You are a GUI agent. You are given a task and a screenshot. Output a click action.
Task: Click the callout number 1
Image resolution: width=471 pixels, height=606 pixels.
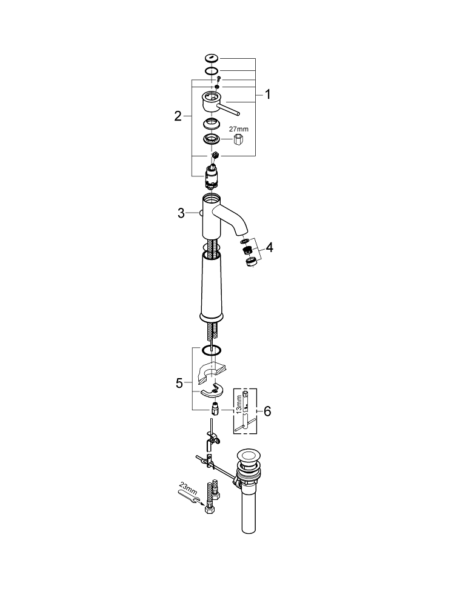point(267,95)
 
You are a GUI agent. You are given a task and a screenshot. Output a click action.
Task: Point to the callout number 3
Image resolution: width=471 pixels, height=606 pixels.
point(181,213)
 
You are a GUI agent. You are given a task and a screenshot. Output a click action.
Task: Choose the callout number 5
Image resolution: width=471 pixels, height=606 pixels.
point(179,383)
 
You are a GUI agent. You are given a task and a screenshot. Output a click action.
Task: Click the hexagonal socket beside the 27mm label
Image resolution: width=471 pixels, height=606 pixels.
point(239,141)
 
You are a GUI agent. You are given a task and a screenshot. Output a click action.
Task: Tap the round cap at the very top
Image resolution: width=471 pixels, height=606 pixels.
point(211,58)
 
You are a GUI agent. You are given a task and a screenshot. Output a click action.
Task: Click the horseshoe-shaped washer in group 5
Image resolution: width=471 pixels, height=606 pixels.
point(212,393)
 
